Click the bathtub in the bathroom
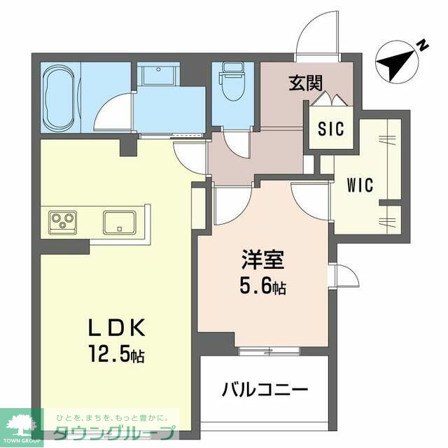point(61,97)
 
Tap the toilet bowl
point(232,82)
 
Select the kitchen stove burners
point(63,223)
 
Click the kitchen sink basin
point(120,223)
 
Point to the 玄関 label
point(305,83)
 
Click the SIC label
point(331,129)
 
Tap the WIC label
point(360,185)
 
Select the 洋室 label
point(263,260)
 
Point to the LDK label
point(117,328)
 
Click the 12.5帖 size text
point(117,353)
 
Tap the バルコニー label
point(265,389)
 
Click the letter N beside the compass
point(423,45)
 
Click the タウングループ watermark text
point(113,433)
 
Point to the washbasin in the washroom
point(158,73)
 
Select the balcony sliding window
point(269,350)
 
